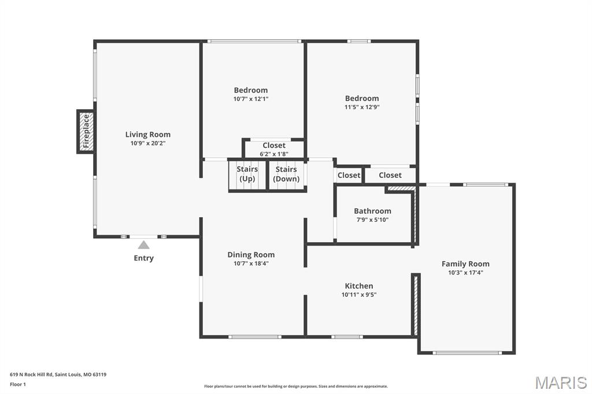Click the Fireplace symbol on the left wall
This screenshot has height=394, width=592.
[x=86, y=132]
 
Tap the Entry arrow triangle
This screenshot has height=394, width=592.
[x=143, y=245]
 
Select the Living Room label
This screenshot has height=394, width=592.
[x=148, y=135]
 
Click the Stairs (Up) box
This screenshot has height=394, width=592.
[x=247, y=174]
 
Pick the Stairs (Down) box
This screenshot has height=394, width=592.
[x=286, y=174]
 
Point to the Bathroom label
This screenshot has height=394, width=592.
[x=372, y=211]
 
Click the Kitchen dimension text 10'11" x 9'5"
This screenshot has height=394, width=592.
[x=359, y=295]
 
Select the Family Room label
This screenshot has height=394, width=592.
[x=465, y=264]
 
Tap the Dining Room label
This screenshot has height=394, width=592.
[x=251, y=255]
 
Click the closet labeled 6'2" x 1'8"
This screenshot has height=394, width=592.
[x=273, y=150]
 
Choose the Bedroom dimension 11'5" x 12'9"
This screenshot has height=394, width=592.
[x=362, y=107]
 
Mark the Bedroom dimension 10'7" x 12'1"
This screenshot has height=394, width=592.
[x=251, y=99]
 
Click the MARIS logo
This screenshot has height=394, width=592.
[x=560, y=382]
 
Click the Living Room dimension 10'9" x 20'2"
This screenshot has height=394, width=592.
[x=148, y=143]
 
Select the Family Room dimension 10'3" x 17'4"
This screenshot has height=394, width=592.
[x=465, y=273]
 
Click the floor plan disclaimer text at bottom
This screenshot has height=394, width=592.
[x=295, y=386]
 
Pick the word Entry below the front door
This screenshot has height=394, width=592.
[x=143, y=258]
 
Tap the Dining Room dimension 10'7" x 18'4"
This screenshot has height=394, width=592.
[x=251, y=263]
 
